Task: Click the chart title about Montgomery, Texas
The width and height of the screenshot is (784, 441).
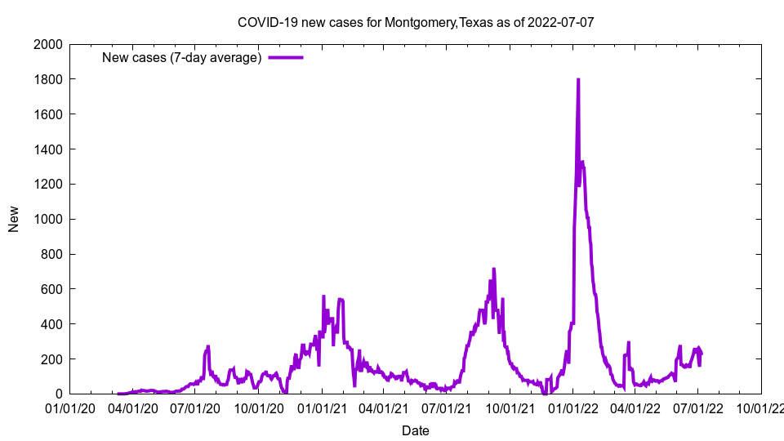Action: click(415, 22)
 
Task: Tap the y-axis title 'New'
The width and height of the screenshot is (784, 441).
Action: click(14, 219)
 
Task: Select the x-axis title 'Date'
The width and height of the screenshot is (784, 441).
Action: click(415, 430)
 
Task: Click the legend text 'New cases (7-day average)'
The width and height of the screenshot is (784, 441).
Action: click(181, 57)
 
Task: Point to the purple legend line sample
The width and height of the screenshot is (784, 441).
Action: click(286, 57)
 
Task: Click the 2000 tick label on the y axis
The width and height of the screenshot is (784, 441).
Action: click(48, 44)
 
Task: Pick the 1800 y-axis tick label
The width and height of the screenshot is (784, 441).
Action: click(48, 79)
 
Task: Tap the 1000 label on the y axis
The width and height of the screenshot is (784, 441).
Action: click(48, 219)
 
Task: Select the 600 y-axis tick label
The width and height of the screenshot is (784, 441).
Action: click(51, 289)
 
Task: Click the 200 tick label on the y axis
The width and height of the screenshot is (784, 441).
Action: click(51, 359)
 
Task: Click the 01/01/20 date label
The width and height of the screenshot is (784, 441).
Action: click(70, 408)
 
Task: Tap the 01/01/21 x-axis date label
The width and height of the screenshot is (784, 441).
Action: click(322, 408)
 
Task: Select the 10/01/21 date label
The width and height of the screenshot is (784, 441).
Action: click(510, 408)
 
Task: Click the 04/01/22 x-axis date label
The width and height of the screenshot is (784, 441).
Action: click(635, 408)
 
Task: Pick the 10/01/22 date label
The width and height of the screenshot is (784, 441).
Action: click(760, 408)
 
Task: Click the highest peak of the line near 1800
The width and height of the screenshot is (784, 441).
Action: click(578, 80)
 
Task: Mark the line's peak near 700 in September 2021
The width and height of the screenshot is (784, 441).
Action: click(494, 269)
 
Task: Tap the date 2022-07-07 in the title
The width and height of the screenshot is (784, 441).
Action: click(561, 22)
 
